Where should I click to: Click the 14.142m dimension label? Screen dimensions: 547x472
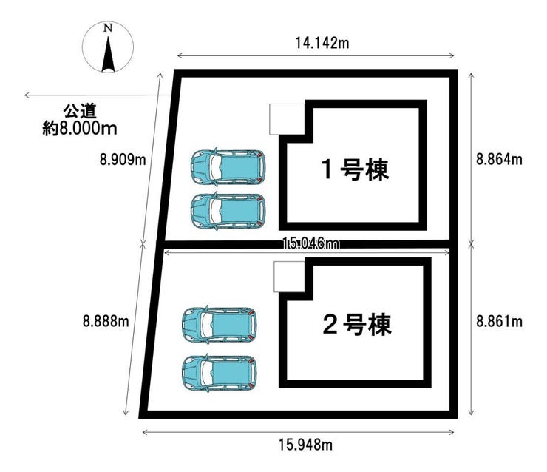(x=322, y=43)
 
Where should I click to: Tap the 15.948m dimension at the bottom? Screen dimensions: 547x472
(x=305, y=445)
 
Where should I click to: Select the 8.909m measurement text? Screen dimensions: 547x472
(x=123, y=160)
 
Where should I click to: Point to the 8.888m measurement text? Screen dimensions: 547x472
(x=106, y=321)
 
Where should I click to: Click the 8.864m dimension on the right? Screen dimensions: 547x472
(x=499, y=159)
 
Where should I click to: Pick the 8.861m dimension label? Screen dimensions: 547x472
(x=499, y=321)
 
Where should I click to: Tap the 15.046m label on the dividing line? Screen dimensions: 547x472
(x=310, y=243)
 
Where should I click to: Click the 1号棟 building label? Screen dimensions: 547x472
(x=355, y=169)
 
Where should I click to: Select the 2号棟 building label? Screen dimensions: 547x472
(x=357, y=325)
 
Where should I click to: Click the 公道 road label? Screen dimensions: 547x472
(x=80, y=112)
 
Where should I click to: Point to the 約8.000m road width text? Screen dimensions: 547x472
(x=80, y=129)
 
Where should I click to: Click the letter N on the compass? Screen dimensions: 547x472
(x=108, y=28)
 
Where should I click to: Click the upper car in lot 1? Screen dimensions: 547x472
(x=228, y=166)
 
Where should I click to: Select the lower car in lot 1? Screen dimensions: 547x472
(x=228, y=211)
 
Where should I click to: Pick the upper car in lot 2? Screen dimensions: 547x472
(x=219, y=324)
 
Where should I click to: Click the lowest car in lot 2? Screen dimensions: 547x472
(x=219, y=373)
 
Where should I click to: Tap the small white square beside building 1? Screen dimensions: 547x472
(x=287, y=119)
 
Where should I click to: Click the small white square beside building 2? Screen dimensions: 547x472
(x=290, y=277)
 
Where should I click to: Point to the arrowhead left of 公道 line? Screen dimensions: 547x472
(x=27, y=95)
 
